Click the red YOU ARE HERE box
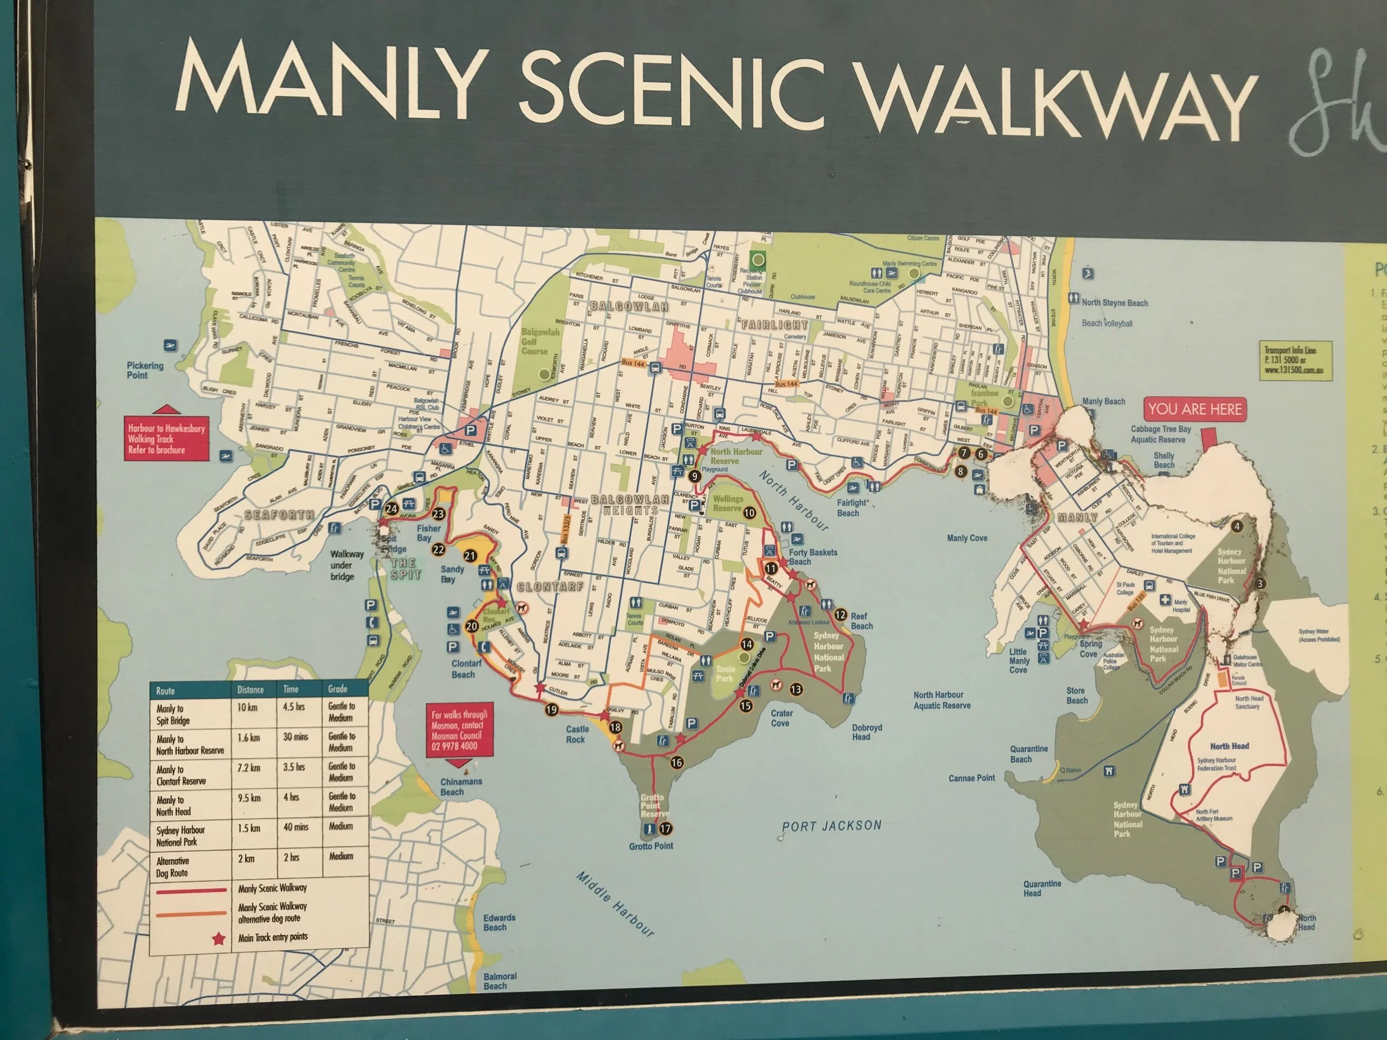tap(1194, 409)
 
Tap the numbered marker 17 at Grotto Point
tap(665, 828)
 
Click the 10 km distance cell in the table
tap(247, 707)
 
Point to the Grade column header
tap(337, 688)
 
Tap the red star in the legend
tap(218, 938)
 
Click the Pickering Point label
tap(145, 370)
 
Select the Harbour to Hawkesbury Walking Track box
tap(166, 439)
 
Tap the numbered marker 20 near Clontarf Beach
tap(472, 626)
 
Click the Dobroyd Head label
tap(867, 732)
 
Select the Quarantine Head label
tap(1042, 888)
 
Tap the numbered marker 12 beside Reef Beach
tap(840, 615)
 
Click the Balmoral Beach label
tap(500, 981)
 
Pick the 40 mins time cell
tap(295, 828)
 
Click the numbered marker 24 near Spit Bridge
tap(391, 509)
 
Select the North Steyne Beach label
tap(1114, 303)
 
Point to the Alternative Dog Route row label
tap(172, 867)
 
